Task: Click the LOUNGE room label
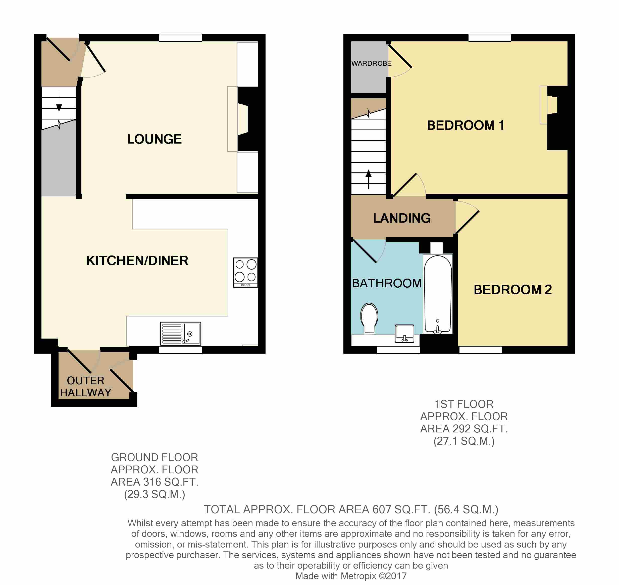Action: tap(154, 139)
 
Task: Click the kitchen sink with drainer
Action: tap(180, 333)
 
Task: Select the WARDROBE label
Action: tap(371, 63)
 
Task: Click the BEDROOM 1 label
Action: tap(465, 125)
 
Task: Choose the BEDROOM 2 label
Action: tap(512, 289)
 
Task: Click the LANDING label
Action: tap(402, 218)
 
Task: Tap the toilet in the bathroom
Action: tap(369, 318)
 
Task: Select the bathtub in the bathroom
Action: tap(438, 293)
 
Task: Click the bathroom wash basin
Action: tap(404, 333)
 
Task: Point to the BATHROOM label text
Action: tap(386, 283)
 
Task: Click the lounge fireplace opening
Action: tap(243, 119)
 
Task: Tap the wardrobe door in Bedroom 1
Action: tap(400, 56)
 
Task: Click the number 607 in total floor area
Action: tap(381, 509)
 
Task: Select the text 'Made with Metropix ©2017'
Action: tap(351, 576)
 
